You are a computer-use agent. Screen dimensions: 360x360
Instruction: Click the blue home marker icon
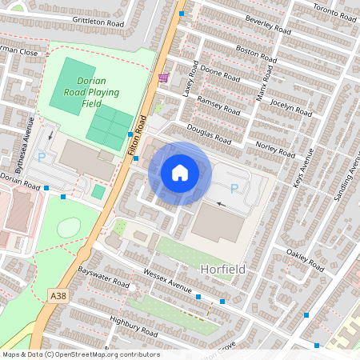click(x=180, y=173)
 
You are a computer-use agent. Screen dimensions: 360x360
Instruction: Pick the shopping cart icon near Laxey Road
click(x=164, y=78)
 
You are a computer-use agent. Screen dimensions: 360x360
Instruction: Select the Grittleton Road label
click(x=98, y=24)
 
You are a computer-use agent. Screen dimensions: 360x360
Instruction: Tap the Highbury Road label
click(x=132, y=325)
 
